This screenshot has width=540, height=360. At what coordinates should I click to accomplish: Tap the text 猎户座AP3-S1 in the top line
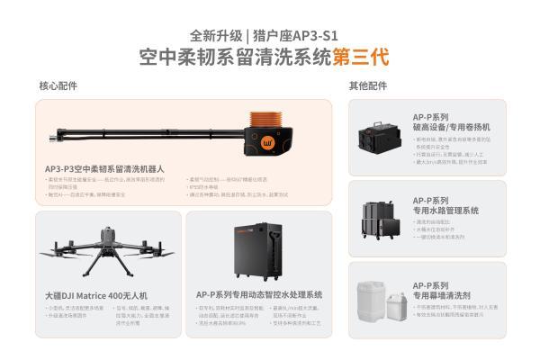pos(303,35)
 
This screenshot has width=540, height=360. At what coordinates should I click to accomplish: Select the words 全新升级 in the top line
pos(221,35)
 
